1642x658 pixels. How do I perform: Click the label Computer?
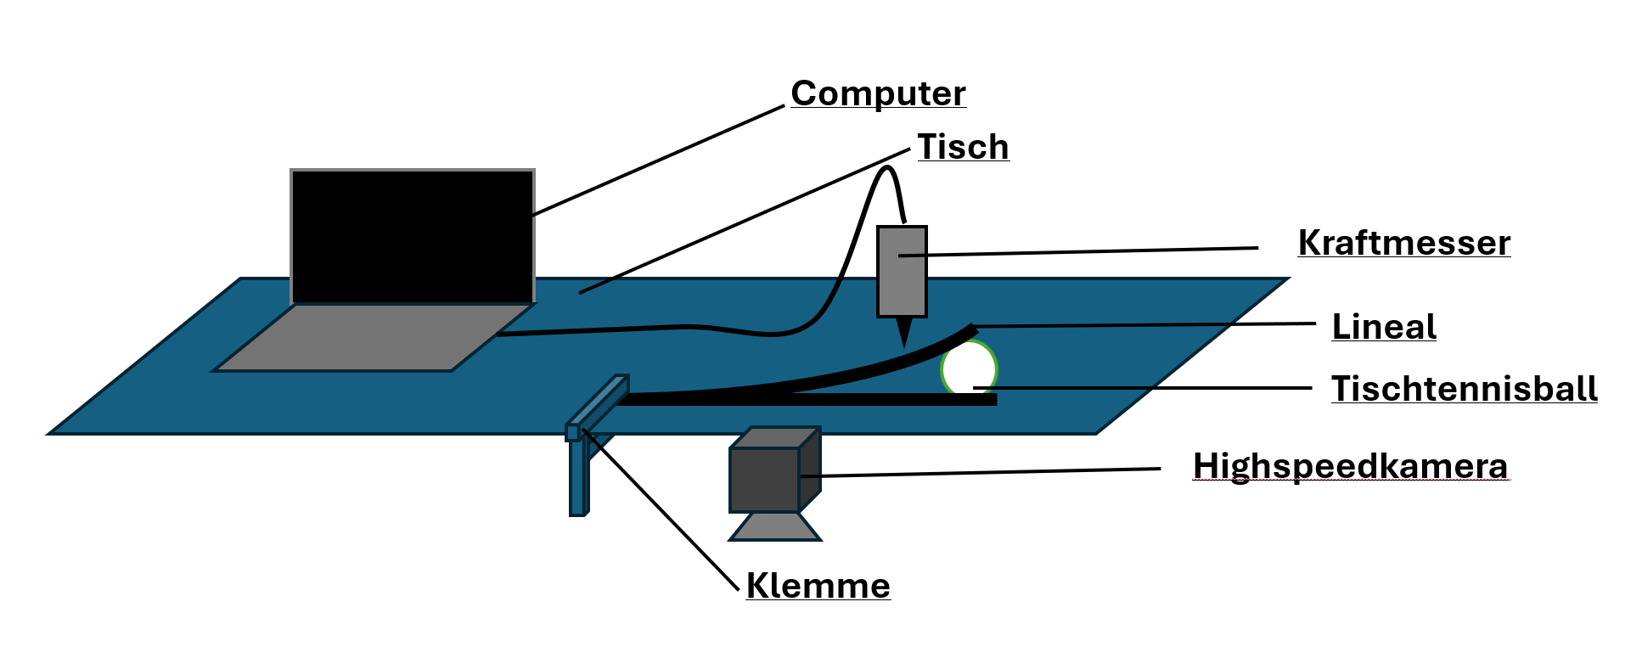[878, 93]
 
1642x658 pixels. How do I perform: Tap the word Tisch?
[963, 147]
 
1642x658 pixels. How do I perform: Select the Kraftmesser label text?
[1403, 243]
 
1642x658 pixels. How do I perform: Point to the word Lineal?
[1383, 327]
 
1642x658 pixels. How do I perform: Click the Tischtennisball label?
[1464, 389]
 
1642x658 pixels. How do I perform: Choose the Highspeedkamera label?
[1350, 466]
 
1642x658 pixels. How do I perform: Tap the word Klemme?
[818, 586]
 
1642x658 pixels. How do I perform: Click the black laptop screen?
[413, 236]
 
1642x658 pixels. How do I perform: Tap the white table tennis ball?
[969, 368]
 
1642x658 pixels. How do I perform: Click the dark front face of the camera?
[764, 480]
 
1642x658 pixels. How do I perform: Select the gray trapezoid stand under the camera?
[775, 527]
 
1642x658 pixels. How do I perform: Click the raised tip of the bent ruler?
[970, 329]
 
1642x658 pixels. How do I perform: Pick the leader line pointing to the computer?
[659, 160]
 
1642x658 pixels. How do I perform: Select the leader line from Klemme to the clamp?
[662, 510]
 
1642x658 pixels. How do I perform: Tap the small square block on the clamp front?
[573, 433]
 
